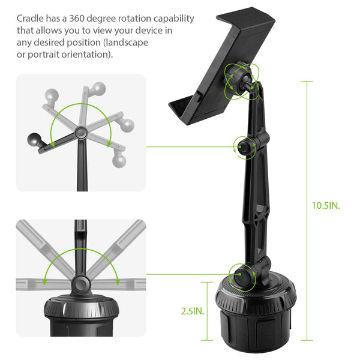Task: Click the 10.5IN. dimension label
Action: point(326,205)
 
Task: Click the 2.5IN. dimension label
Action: point(193,311)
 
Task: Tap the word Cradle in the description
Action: point(30,19)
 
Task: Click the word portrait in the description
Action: point(43,55)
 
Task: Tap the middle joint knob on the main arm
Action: point(245,147)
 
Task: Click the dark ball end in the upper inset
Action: point(34,139)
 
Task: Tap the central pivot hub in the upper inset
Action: point(81,133)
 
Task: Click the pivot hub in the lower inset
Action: point(81,284)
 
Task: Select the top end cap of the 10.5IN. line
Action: point(307,81)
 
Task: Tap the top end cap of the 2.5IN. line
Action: point(207,282)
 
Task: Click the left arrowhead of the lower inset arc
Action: point(44,282)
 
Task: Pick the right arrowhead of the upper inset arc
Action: point(110,144)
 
